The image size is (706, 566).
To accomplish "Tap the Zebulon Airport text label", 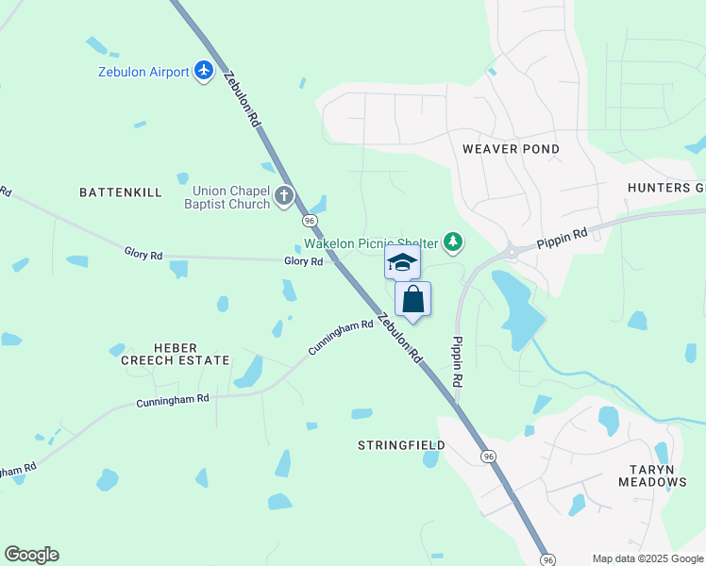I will pos(143,72).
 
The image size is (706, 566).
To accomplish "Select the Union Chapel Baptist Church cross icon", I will pos(284,197).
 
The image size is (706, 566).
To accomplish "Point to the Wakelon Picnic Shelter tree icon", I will pos(454,243).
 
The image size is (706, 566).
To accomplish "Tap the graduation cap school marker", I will pos(402,261).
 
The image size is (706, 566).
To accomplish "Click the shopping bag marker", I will pos(413,299).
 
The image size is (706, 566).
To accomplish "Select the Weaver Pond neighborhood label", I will pos(511,149).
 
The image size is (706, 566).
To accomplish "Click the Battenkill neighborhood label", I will pos(121,191).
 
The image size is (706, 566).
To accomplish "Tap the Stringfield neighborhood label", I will pos(401,444).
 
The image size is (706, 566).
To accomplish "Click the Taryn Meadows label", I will pos(652,474).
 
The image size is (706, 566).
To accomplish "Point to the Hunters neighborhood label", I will pos(666,188).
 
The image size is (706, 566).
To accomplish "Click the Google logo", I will pos(31,555).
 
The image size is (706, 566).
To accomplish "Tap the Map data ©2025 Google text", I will pos(647,558).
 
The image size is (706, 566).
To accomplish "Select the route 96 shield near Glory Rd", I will pos(310,220).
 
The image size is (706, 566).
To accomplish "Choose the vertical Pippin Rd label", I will pos(457,362).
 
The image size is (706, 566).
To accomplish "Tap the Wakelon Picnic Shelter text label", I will pos(370,243).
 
